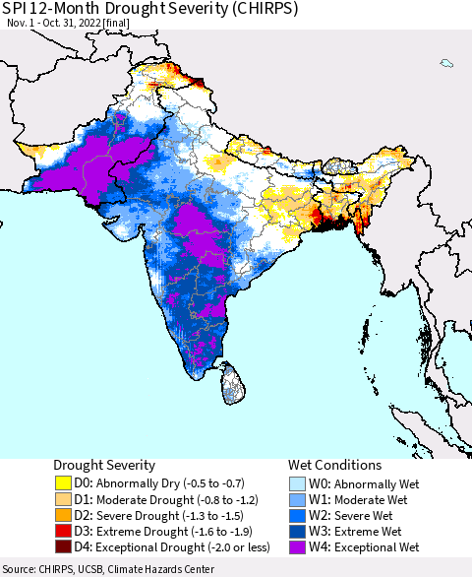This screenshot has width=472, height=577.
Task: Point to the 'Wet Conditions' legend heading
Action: click(x=334, y=465)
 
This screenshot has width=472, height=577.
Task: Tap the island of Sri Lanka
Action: click(x=232, y=383)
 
